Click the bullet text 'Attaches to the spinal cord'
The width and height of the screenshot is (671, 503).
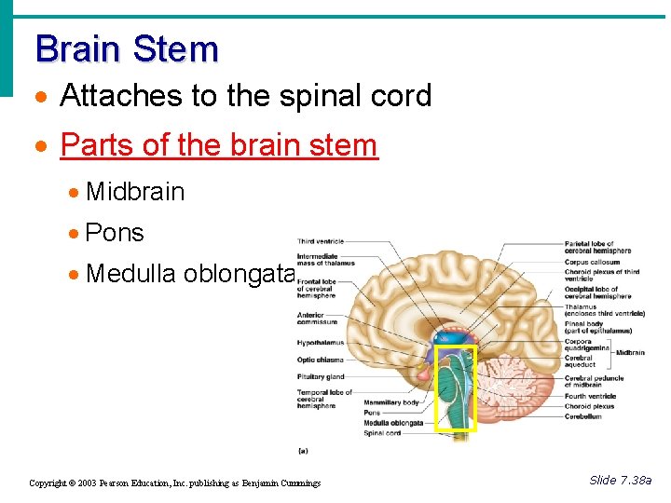pyautogui.click(x=245, y=96)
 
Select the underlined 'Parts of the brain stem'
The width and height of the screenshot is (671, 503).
pyautogui.click(x=219, y=145)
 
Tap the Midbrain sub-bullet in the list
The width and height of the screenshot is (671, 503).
pyautogui.click(x=135, y=192)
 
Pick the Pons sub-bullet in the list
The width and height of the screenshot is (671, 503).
pyautogui.click(x=115, y=232)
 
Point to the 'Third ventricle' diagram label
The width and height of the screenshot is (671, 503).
pyautogui.click(x=320, y=242)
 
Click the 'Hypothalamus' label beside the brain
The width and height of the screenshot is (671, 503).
pyautogui.click(x=321, y=343)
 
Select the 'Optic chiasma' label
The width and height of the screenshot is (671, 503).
pyautogui.click(x=321, y=360)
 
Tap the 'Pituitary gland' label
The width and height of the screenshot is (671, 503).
pyautogui.click(x=322, y=376)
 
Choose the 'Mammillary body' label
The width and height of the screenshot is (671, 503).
pyautogui.click(x=390, y=402)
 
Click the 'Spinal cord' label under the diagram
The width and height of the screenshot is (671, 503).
pyautogui.click(x=382, y=432)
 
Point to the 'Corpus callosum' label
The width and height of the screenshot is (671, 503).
pyautogui.click(x=592, y=263)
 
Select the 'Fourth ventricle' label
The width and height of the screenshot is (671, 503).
pyautogui.click(x=590, y=396)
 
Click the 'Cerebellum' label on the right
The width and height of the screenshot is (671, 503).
pyautogui.click(x=583, y=416)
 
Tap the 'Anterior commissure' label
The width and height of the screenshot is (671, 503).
pyautogui.click(x=318, y=318)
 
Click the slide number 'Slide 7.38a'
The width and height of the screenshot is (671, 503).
pyautogui.click(x=621, y=480)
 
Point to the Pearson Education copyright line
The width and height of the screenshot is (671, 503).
pyautogui.click(x=175, y=483)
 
